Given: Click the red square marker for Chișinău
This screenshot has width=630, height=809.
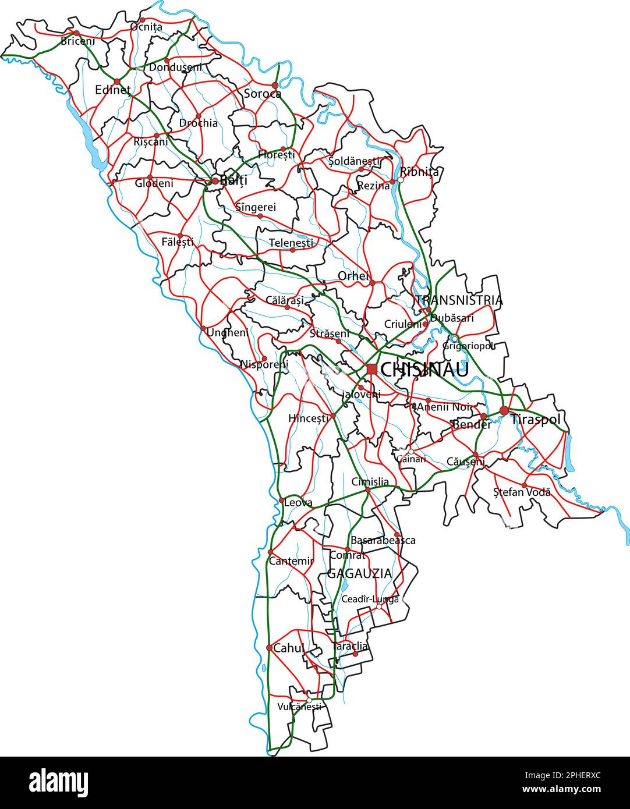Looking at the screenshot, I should (x=371, y=368).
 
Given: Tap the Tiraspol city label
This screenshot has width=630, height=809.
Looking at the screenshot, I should (x=536, y=419).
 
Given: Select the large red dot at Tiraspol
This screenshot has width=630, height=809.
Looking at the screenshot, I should (x=504, y=411).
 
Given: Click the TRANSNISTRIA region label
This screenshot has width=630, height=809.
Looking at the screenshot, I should (x=459, y=300).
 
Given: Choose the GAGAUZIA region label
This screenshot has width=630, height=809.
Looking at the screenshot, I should (x=359, y=573).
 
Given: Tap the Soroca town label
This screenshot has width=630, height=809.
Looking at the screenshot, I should (x=262, y=94).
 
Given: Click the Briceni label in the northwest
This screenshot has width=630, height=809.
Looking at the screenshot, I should (x=77, y=41).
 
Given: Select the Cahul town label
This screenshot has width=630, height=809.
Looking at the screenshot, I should (x=289, y=648).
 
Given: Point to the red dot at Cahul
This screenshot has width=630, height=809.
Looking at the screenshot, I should (x=269, y=648).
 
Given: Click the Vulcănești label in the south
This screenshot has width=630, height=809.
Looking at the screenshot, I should (x=299, y=707).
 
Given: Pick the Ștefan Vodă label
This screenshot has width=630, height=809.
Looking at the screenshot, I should (x=522, y=492).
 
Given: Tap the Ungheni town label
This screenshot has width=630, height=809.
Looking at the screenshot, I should (x=228, y=333).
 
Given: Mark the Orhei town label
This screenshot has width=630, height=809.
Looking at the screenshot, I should (x=353, y=275).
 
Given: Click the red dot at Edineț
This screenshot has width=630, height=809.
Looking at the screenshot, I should (x=117, y=81).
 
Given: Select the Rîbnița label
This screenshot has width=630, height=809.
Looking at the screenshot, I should (x=419, y=172).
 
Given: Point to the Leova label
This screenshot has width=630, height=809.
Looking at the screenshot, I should (x=298, y=502).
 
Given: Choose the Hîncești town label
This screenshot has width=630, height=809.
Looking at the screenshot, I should (x=309, y=418).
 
